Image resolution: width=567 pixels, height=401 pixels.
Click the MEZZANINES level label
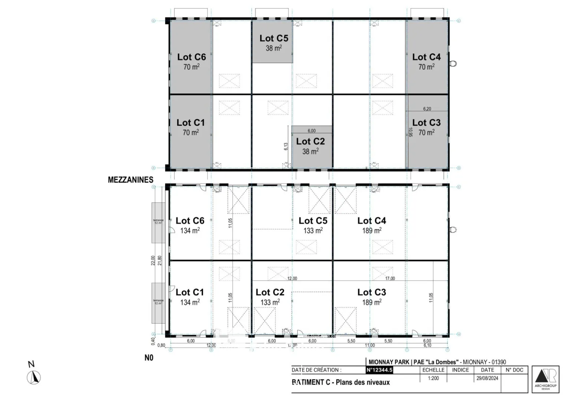pos(130,180)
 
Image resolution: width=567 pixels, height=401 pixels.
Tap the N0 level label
pos(149,358)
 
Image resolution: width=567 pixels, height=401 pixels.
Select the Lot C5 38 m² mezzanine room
pos(273,42)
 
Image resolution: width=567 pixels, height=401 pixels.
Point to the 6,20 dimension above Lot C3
pos(427,109)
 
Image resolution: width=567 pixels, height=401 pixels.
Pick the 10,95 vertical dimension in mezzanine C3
pos(410,132)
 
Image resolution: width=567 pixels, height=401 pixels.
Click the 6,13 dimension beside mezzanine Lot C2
pos(286,146)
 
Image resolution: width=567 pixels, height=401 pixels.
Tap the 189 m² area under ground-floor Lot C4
pos(372,231)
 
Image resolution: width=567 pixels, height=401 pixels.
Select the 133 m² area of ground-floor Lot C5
pos(313,231)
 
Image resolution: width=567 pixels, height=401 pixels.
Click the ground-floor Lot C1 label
pos(190,292)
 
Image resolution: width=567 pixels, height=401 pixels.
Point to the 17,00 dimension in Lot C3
pos(390,278)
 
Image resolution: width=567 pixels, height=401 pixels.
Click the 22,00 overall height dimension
pos(153,260)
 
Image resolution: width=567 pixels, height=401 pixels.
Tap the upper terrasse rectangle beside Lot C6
pos(158,223)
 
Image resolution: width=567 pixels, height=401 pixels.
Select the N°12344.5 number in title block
pos(379,370)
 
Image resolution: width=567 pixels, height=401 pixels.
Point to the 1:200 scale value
pos(433,378)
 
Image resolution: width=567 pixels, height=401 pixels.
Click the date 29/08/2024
pos(487,378)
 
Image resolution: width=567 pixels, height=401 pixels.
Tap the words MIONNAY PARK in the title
pos(389,362)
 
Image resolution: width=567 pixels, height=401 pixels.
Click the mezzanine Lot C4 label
pos(426,57)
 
